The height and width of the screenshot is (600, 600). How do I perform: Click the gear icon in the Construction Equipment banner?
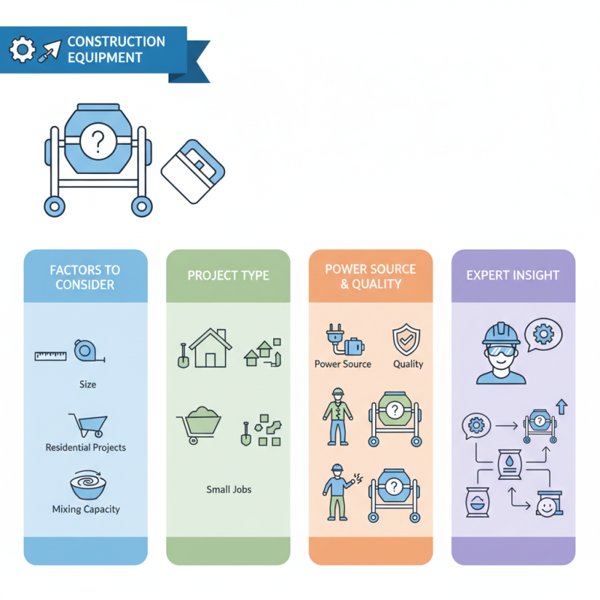click(x=22, y=50)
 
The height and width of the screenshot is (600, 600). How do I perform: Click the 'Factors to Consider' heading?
click(x=85, y=276)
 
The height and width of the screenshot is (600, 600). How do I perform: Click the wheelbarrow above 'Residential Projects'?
click(x=86, y=424)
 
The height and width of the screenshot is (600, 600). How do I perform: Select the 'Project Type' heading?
click(x=228, y=275)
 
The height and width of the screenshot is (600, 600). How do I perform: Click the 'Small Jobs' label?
click(x=229, y=489)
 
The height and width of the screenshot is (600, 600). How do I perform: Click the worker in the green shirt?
click(x=337, y=415)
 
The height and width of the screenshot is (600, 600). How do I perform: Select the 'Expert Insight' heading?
click(x=513, y=275)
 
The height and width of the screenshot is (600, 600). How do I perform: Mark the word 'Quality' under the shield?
click(x=408, y=364)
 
